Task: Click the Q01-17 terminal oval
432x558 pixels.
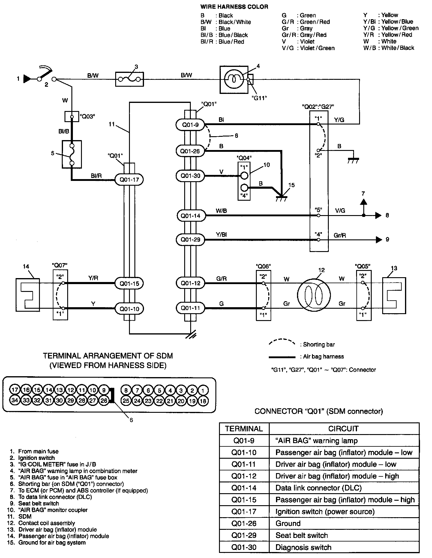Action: (x=129, y=179)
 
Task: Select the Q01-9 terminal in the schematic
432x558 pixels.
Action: (x=190, y=124)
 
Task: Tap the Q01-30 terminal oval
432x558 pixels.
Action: (x=190, y=175)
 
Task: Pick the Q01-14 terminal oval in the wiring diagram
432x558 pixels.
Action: (x=190, y=215)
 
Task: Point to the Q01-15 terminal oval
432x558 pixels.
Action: (x=129, y=283)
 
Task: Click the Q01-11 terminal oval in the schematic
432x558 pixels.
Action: (x=190, y=308)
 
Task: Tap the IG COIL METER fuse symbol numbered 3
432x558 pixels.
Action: (x=129, y=79)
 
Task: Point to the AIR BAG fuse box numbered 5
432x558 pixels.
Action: (x=72, y=154)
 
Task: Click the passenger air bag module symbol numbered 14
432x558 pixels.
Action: (x=28, y=295)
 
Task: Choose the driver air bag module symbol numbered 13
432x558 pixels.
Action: (x=394, y=295)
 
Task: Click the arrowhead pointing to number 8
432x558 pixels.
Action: (x=378, y=215)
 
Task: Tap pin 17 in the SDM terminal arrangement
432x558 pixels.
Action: (x=15, y=390)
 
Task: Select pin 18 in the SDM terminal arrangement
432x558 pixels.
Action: (x=203, y=400)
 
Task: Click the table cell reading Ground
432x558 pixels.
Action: (x=288, y=523)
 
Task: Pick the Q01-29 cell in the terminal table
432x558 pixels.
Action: (x=244, y=535)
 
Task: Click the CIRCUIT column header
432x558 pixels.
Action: (x=343, y=429)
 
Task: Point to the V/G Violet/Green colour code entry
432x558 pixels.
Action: (x=308, y=48)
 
